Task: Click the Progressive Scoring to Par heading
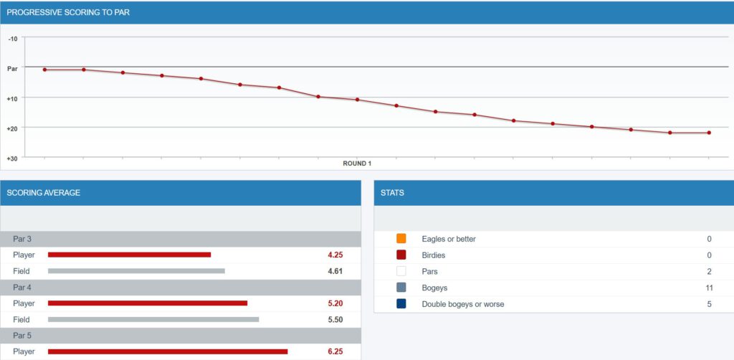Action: [69, 12]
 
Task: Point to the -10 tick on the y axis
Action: [13, 37]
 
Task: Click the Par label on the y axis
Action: [13, 68]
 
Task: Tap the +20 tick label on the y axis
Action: [13, 128]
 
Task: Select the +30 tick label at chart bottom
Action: [13, 157]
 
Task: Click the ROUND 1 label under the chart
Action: [357, 164]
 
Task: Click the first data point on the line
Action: [44, 70]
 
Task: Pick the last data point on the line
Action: [709, 133]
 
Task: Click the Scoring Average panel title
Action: [44, 193]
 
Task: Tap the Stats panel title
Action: [392, 193]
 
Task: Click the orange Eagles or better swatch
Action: [401, 239]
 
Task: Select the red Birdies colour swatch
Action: [401, 255]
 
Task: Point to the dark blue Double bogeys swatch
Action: [401, 304]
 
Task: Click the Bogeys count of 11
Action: [708, 288]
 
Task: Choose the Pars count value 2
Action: [708, 272]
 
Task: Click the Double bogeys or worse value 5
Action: [708, 304]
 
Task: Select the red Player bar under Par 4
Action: [148, 303]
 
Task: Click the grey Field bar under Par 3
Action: [136, 271]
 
